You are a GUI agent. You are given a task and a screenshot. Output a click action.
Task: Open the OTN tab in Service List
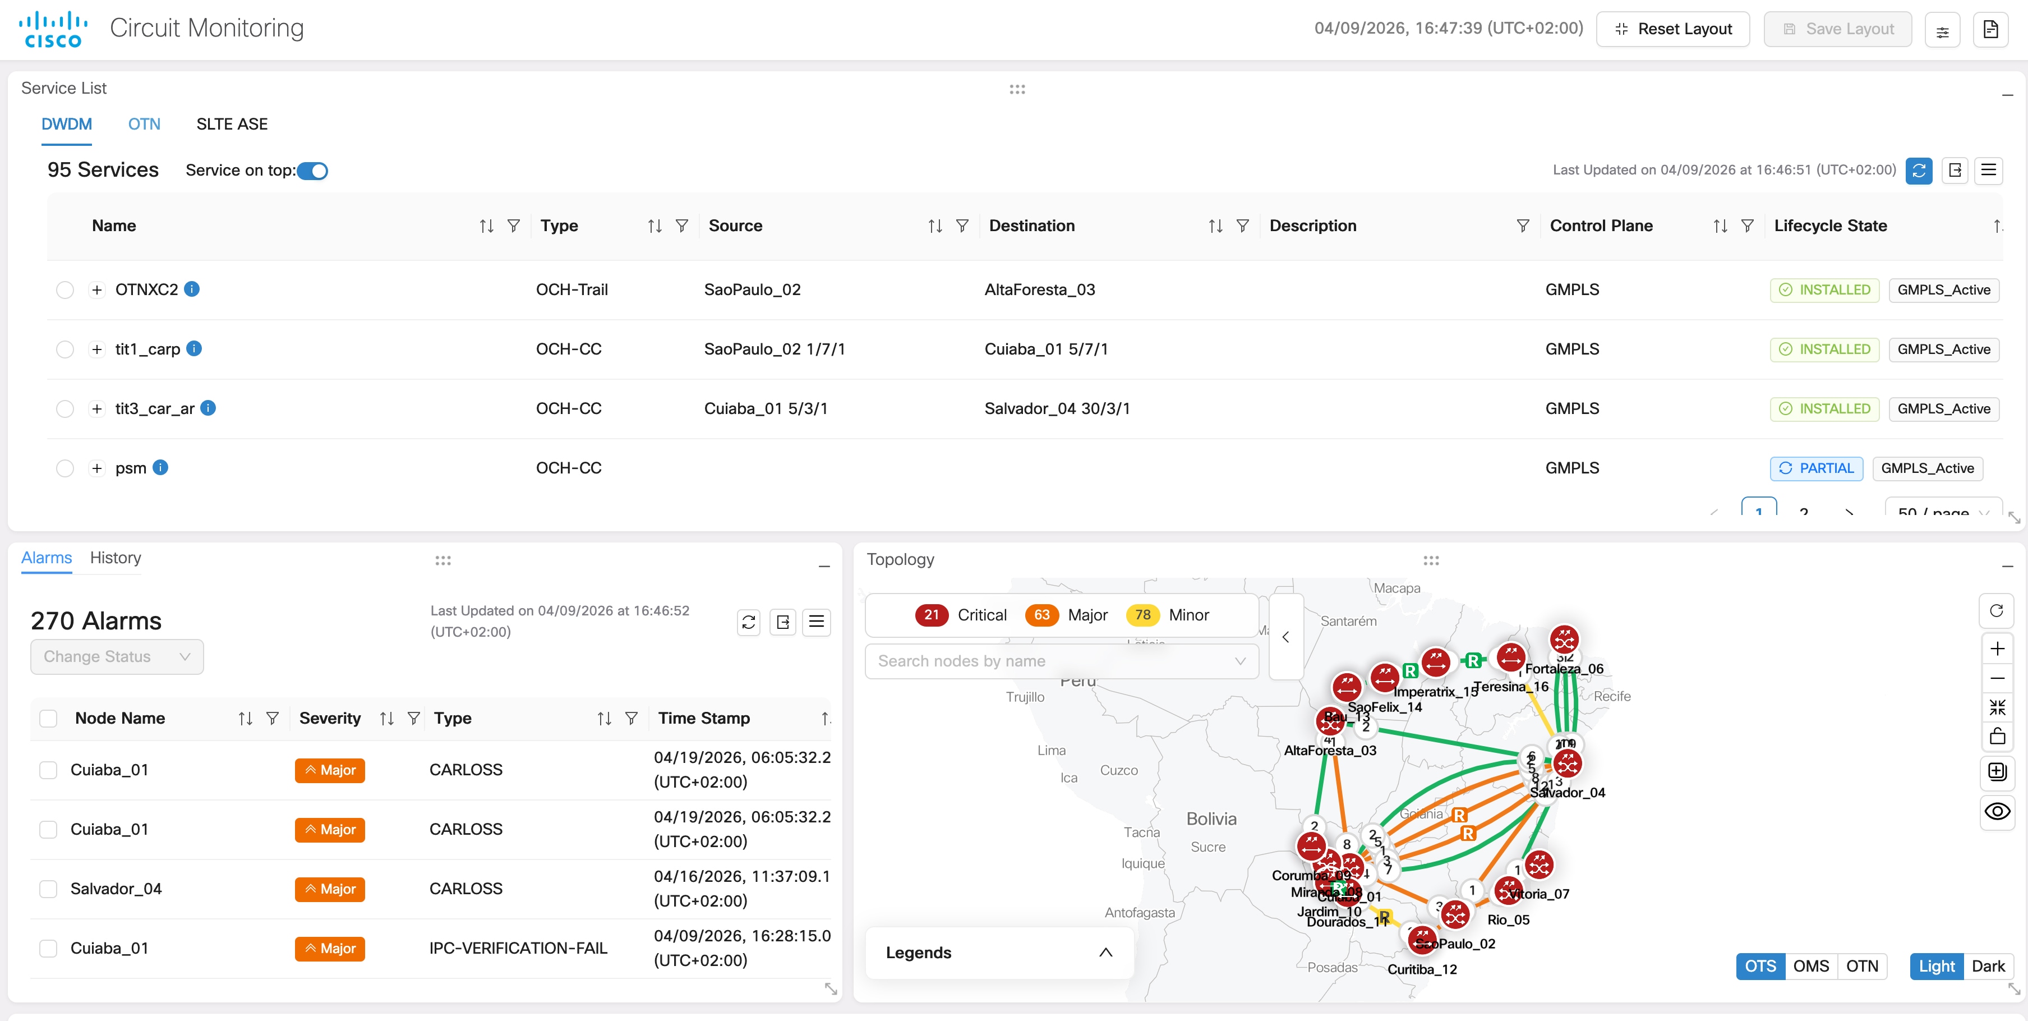pos(144,125)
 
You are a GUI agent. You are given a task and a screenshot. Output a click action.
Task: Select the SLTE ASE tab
pos(232,125)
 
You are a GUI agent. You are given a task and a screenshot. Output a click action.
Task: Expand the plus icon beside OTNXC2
pos(97,289)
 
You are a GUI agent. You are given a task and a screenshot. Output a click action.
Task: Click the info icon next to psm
pos(160,468)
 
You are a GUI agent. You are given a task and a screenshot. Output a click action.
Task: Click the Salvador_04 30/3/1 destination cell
pos(1057,408)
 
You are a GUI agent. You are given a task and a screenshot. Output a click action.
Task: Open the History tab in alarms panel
pos(115,558)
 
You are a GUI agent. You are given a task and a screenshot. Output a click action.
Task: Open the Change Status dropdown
pos(117,656)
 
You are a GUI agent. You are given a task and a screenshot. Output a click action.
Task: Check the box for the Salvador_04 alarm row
pos(49,889)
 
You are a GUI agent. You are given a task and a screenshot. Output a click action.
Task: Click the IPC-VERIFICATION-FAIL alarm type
pos(518,949)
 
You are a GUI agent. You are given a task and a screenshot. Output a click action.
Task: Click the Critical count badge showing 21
pos(932,615)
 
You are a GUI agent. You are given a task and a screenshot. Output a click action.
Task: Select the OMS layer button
pos(1811,966)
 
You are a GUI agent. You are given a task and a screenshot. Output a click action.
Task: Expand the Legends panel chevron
pos(1105,953)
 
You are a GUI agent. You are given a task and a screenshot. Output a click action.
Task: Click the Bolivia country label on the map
pos(1211,818)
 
